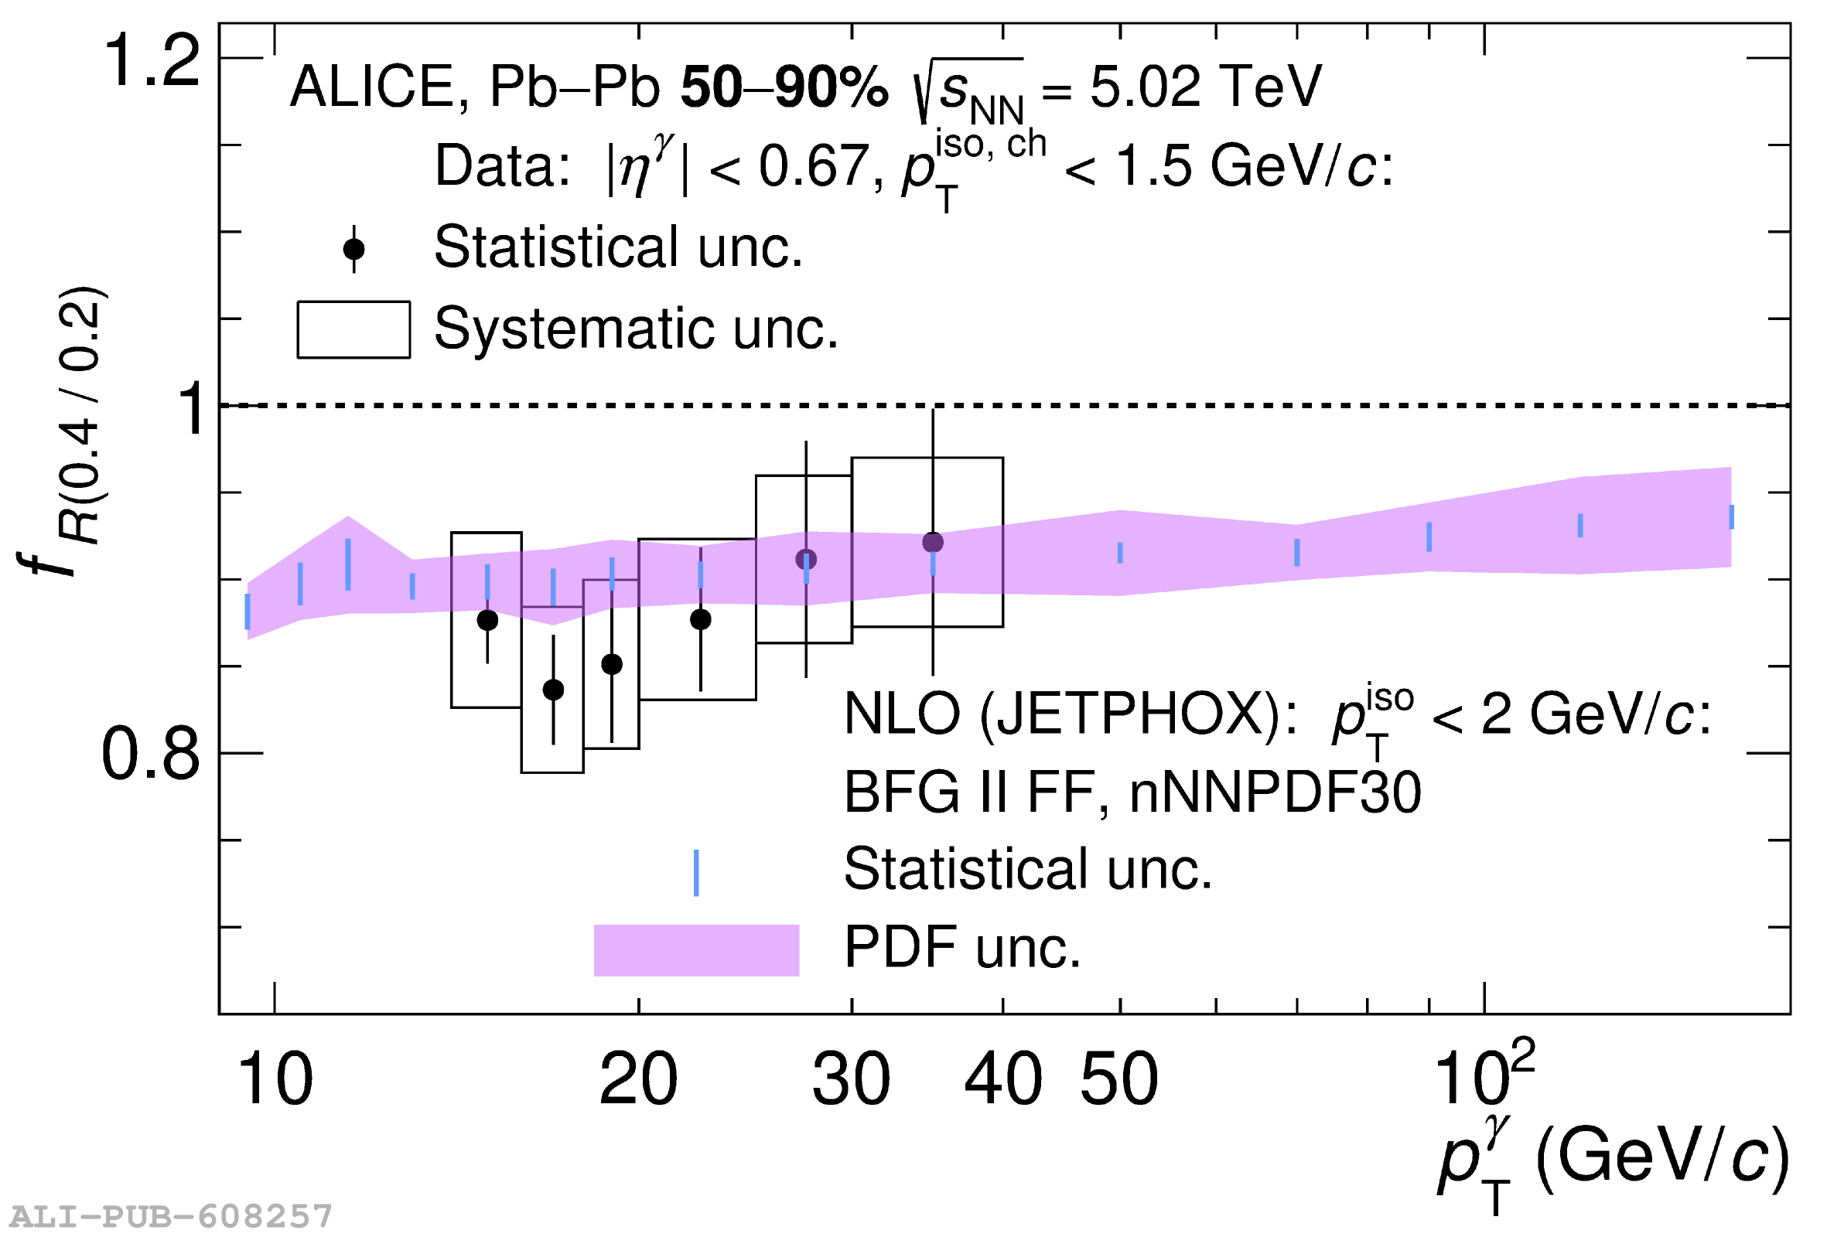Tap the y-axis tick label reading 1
coord(191,409)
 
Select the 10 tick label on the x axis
coord(275,1079)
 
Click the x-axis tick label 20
coord(638,1079)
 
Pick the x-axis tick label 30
coord(852,1079)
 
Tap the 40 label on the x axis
coord(1003,1079)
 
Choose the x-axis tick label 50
coord(1119,1079)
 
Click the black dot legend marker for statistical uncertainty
coord(353,249)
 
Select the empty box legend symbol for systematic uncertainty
coord(353,329)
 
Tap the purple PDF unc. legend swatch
coord(696,950)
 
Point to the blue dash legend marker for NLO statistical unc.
coord(696,873)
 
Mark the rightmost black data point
coord(933,542)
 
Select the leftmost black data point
coord(487,620)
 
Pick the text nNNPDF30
coord(1275,792)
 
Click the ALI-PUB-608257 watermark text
coord(172,1217)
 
